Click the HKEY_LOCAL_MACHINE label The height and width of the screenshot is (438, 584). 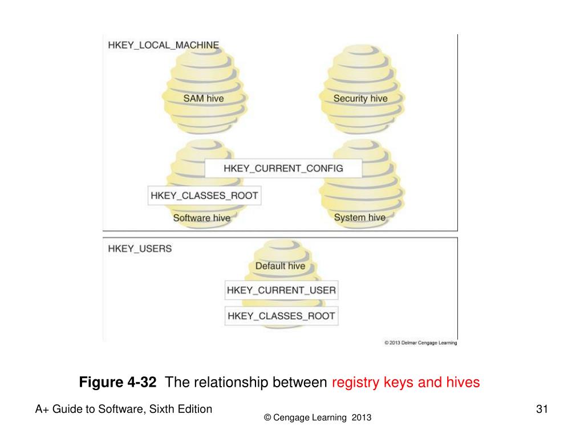point(163,45)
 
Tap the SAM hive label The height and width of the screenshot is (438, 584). point(203,99)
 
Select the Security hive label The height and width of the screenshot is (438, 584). point(360,99)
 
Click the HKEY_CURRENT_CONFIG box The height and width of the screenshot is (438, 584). point(283,168)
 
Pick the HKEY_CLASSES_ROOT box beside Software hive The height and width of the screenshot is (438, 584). point(204,196)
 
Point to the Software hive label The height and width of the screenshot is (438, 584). point(201,218)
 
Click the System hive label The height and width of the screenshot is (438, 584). point(359,217)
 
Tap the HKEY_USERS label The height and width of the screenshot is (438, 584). point(140,249)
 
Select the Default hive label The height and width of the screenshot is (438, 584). point(279,266)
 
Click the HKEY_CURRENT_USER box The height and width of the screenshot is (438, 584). point(281,290)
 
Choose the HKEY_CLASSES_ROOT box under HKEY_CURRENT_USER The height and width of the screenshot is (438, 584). point(281,316)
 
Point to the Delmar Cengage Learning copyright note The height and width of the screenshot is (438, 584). point(420,343)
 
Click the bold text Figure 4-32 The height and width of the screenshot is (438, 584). point(117,382)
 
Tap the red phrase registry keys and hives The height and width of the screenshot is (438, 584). point(405,382)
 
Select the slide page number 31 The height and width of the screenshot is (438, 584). point(542,409)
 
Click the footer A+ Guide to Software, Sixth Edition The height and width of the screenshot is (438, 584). point(124,409)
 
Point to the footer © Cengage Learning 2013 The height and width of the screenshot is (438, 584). point(318,418)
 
